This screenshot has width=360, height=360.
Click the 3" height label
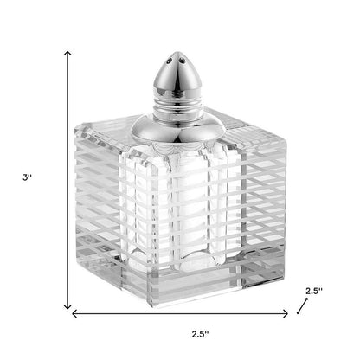tap(28, 178)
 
